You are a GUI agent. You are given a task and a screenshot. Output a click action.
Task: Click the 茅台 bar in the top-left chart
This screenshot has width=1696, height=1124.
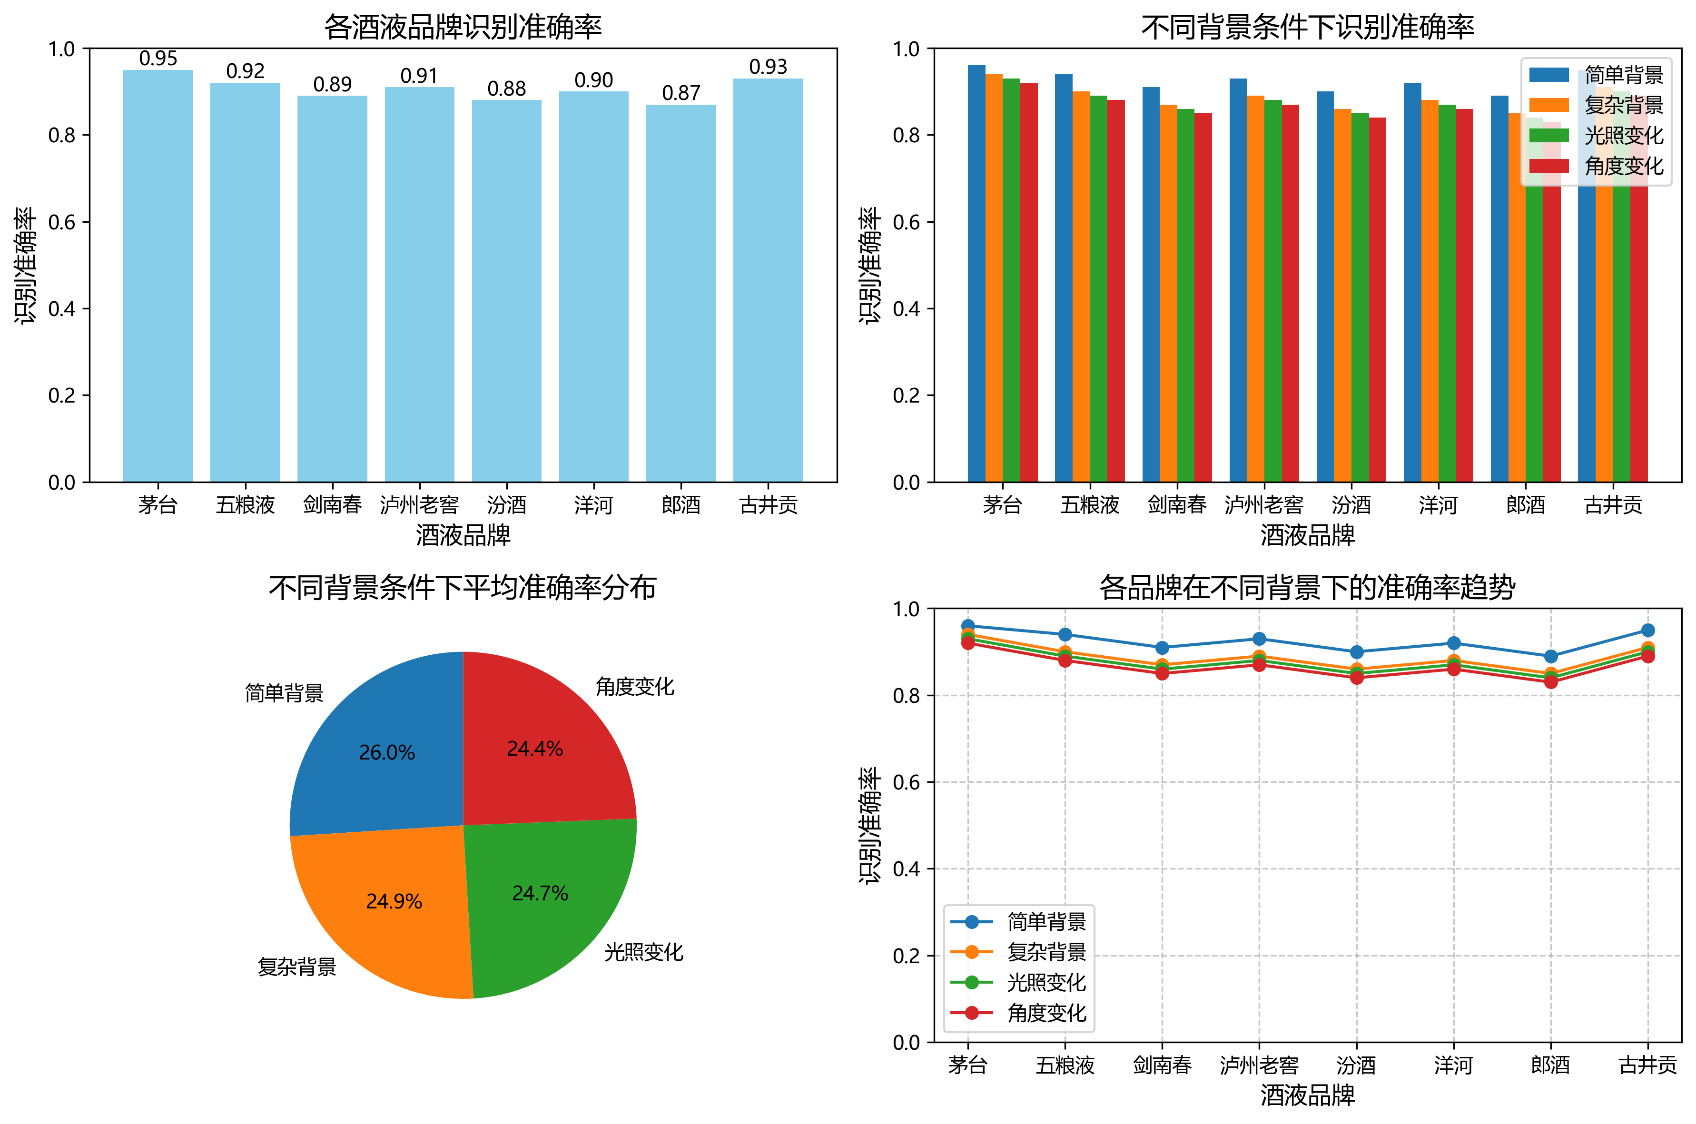click(158, 276)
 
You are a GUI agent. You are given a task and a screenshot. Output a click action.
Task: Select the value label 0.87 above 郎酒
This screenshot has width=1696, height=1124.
click(680, 93)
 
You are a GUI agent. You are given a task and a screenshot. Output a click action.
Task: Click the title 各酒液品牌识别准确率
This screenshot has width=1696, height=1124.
click(463, 27)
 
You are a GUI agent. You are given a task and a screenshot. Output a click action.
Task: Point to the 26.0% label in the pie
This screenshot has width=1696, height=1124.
click(386, 753)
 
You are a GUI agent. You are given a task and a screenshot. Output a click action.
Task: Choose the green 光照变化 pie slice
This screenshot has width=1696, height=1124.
click(545, 903)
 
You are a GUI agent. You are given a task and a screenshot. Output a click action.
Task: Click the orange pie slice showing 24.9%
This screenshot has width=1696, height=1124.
click(387, 910)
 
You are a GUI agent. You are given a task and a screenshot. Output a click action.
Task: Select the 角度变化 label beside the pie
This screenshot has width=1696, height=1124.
click(634, 687)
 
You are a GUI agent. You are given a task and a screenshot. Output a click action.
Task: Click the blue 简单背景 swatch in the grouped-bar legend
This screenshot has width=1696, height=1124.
click(1548, 75)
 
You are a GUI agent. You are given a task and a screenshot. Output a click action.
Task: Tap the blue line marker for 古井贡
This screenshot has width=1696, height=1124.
click(1647, 630)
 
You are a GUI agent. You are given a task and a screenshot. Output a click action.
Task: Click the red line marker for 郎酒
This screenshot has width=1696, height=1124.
click(1550, 682)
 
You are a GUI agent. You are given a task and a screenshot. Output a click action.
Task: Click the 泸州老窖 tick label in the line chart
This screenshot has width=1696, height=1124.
click(1259, 1065)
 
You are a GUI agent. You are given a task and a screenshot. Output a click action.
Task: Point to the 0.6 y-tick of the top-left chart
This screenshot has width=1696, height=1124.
click(62, 222)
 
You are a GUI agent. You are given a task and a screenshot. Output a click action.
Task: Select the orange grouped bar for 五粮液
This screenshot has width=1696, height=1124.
click(1081, 287)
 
